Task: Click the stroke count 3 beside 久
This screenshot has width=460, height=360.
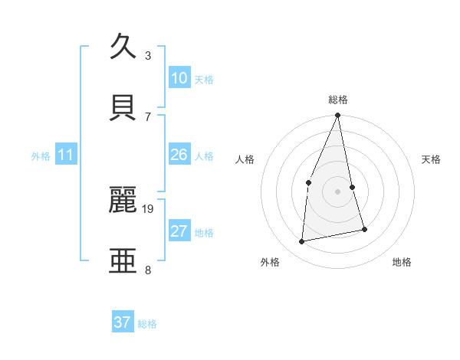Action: [148, 55]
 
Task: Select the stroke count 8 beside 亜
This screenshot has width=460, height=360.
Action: [148, 270]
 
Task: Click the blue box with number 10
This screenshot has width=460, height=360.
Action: [179, 78]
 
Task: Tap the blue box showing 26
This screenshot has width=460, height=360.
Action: [179, 155]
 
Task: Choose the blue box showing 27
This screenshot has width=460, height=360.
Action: [179, 231]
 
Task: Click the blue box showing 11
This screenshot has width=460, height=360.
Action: [66, 155]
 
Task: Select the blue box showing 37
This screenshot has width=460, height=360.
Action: [123, 322]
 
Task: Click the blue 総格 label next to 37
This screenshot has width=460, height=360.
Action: [147, 324]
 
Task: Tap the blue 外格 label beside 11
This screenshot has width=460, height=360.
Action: [41, 156]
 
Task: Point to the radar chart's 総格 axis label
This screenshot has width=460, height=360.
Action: [338, 100]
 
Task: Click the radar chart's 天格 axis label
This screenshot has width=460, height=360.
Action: [432, 159]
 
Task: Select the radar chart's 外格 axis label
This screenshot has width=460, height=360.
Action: [270, 262]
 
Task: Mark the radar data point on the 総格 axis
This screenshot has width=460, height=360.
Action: [338, 116]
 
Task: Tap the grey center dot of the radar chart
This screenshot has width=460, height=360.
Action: [338, 191]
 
